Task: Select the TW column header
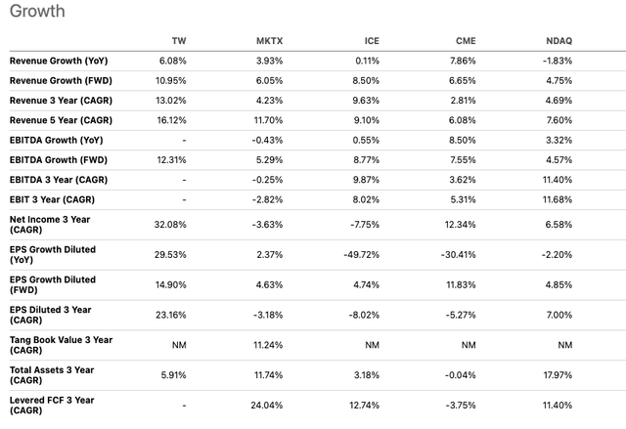(178, 41)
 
